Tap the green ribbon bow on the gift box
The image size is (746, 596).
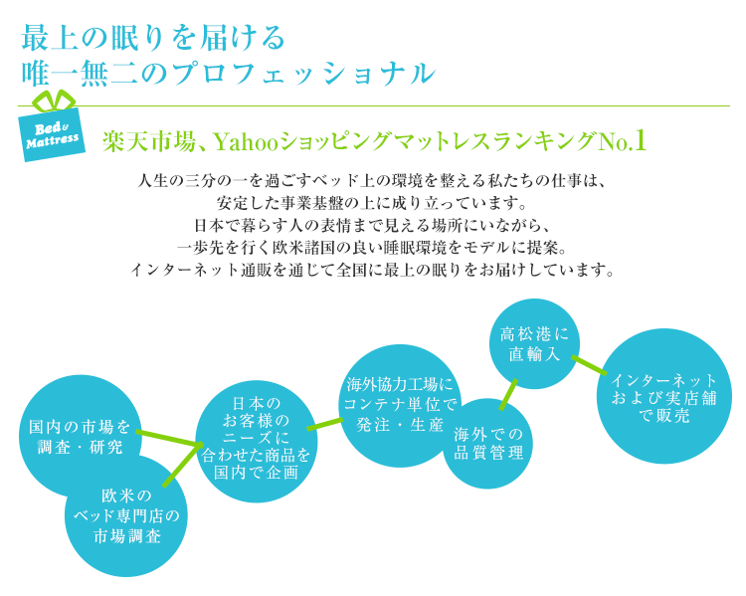click(x=54, y=100)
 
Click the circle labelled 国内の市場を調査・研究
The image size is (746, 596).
click(x=80, y=437)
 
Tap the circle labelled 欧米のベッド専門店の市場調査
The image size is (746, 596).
click(x=126, y=515)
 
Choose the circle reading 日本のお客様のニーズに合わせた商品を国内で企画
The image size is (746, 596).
click(x=256, y=442)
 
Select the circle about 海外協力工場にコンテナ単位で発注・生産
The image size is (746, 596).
click(x=400, y=406)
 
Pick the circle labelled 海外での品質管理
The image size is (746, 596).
click(x=487, y=444)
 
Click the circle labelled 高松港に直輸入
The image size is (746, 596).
click(x=535, y=343)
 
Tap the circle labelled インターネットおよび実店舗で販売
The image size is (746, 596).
click(x=664, y=396)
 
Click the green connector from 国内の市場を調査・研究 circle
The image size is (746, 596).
click(x=168, y=438)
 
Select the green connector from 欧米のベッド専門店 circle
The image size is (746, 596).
click(x=181, y=465)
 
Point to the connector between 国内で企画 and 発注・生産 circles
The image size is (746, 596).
click(x=325, y=424)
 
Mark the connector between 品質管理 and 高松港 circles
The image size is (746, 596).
click(x=508, y=394)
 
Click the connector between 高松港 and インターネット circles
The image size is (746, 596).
click(x=589, y=364)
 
